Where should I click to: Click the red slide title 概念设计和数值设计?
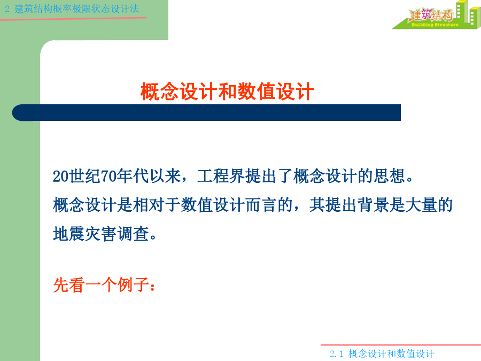(227, 91)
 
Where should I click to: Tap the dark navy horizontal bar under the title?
(206, 113)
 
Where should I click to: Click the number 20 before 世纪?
(61, 176)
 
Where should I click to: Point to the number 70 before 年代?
(108, 176)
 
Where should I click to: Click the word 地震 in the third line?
(69, 234)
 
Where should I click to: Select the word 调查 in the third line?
(133, 234)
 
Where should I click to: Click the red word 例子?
(133, 285)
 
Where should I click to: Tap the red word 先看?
(69, 285)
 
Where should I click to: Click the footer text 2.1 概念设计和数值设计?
(382, 354)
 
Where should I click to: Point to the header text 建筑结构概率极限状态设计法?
(76, 9)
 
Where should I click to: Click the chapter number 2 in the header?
(7, 9)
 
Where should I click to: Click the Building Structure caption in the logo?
(435, 25)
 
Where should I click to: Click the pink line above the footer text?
(401, 345)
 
